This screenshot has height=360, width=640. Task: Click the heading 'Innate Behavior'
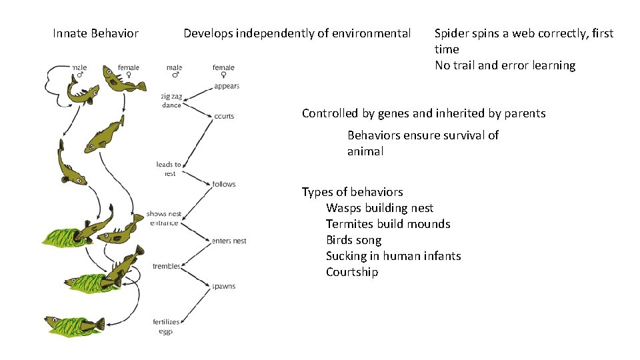(x=95, y=33)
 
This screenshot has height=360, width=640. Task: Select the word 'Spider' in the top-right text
(x=452, y=33)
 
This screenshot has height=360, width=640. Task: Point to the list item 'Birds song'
(x=363, y=240)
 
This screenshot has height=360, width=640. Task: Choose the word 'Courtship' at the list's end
(x=351, y=272)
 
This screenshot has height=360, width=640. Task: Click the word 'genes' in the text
(x=417, y=113)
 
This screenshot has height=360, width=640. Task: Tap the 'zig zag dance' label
(x=171, y=101)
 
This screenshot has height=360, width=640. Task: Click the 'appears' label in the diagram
(x=227, y=86)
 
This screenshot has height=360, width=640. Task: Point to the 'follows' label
(x=224, y=184)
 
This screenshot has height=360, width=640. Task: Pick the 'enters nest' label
(x=229, y=241)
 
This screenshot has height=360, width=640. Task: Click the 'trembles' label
(x=167, y=267)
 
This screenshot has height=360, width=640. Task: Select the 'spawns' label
(x=223, y=287)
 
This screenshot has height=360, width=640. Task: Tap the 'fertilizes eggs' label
(x=166, y=327)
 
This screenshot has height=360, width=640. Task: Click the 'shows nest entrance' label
(x=164, y=219)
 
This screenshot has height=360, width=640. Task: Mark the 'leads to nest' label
(x=168, y=169)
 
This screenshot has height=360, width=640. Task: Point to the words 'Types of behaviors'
(x=352, y=192)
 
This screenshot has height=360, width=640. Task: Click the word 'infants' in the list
(x=442, y=256)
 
